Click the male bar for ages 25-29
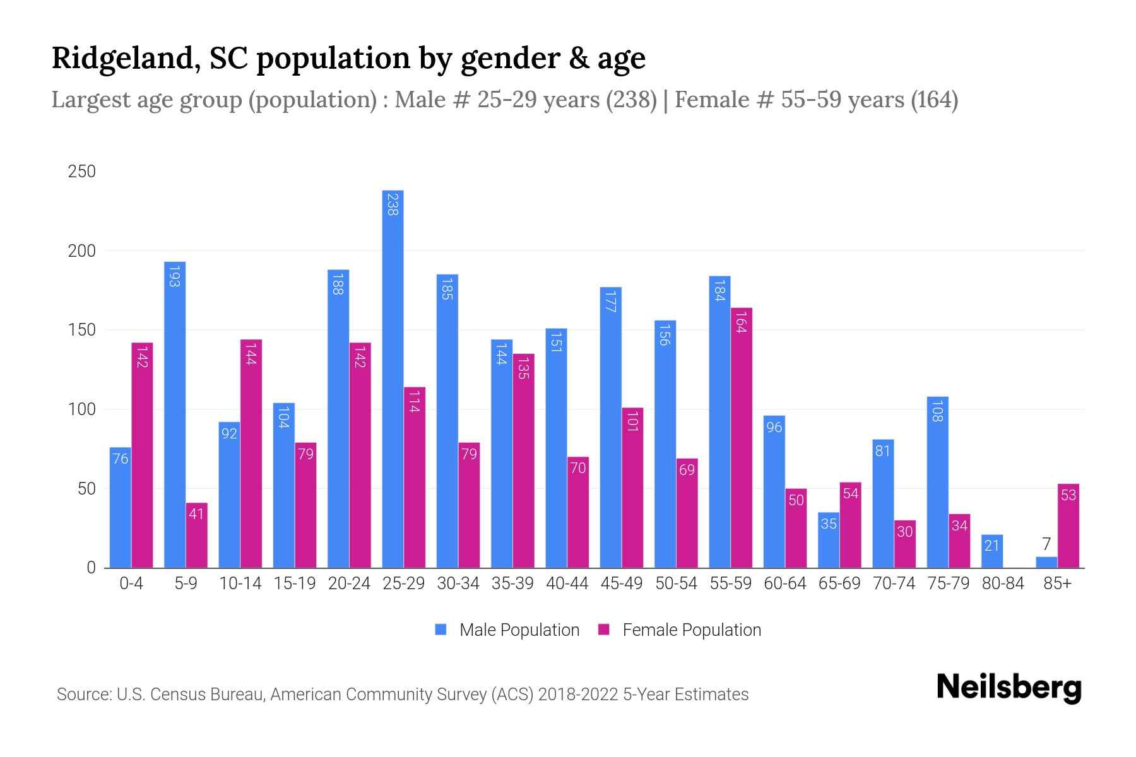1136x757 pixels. point(393,378)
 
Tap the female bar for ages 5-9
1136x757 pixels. point(196,536)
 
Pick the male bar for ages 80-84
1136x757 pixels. point(991,551)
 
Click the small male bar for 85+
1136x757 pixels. point(1046,562)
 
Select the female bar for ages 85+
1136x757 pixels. point(1068,526)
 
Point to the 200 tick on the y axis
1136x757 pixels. point(82,251)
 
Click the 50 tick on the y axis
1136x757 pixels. point(82,489)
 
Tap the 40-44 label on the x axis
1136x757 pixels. point(567,584)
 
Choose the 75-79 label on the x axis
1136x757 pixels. point(948,584)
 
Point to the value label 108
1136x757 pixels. point(937,411)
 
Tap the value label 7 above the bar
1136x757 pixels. point(1046,544)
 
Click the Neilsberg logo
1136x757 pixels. point(1009,687)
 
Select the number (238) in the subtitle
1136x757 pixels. point(631,100)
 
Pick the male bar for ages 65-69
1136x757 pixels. point(828,540)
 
